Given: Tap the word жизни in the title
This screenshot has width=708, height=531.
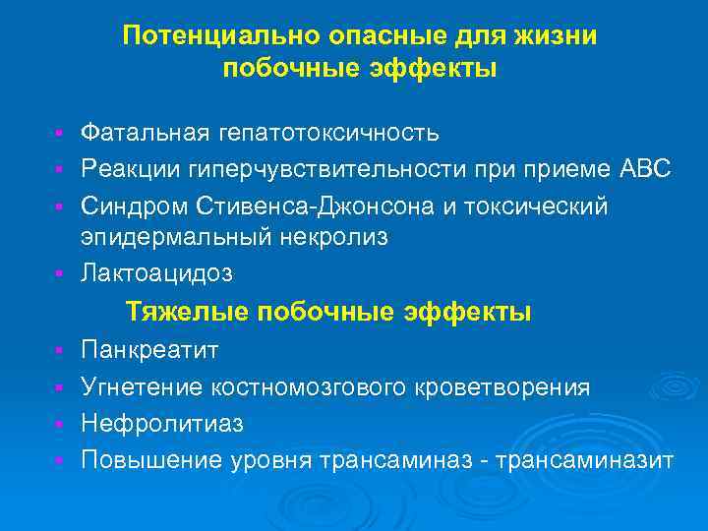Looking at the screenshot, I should tap(555, 35).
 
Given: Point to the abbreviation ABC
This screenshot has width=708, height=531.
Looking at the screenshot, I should tap(646, 169).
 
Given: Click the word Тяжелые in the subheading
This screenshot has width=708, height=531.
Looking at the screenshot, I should tap(187, 312).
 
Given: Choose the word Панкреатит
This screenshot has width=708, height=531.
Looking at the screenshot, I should tap(150, 351).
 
